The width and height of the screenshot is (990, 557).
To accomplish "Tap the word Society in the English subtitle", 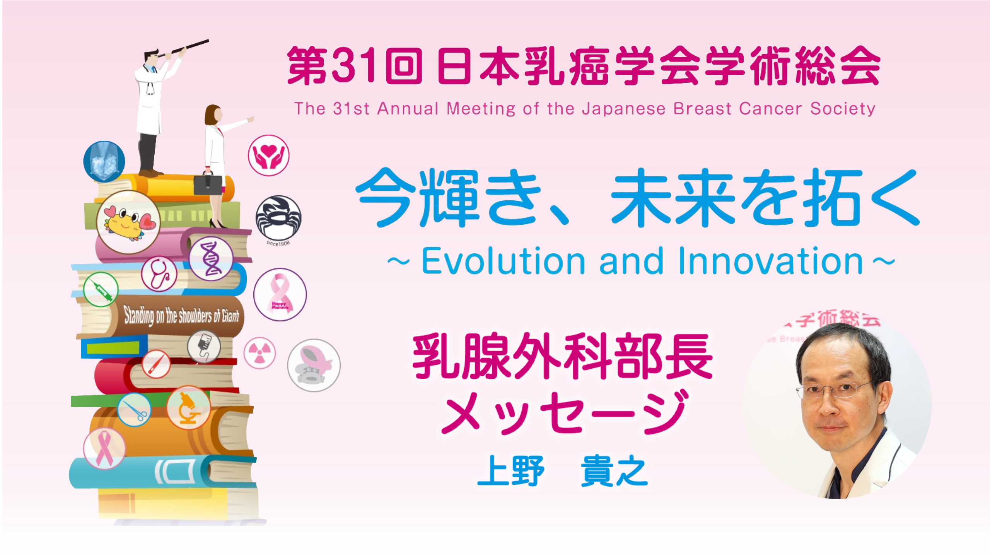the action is pyautogui.click(x=843, y=109).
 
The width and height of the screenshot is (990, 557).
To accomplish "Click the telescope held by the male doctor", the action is pyautogui.click(x=185, y=48).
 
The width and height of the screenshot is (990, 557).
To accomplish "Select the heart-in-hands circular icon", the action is pyautogui.click(x=268, y=155).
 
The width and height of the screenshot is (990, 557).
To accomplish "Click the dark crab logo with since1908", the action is pyautogui.click(x=278, y=219).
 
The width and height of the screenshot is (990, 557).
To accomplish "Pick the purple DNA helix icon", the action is pyautogui.click(x=211, y=258).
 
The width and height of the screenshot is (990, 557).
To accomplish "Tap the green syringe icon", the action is pyautogui.click(x=101, y=289).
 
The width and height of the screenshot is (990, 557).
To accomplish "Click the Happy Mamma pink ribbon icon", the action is pyautogui.click(x=280, y=294).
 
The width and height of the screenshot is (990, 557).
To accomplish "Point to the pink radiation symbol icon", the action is pyautogui.click(x=259, y=353).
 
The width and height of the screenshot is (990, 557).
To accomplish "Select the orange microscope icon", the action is pyautogui.click(x=188, y=408).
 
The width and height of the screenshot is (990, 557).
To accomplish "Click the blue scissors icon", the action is pyautogui.click(x=134, y=410).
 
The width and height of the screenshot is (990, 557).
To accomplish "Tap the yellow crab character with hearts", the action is pyautogui.click(x=128, y=222).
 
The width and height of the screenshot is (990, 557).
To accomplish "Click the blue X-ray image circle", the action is pyautogui.click(x=104, y=162).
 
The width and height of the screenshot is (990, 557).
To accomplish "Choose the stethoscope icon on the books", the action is pyautogui.click(x=159, y=274).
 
